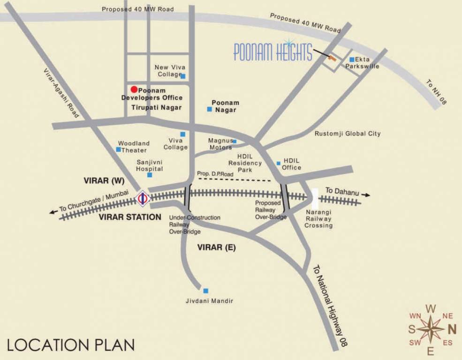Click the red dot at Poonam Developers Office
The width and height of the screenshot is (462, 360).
pyautogui.click(x=134, y=89)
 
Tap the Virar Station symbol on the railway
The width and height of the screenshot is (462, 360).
pyautogui.click(x=143, y=198)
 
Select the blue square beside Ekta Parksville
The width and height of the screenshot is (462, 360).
pyautogui.click(x=351, y=60)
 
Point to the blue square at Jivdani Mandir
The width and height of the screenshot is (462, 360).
pyautogui.click(x=205, y=291)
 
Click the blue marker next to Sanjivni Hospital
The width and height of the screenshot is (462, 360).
pyautogui.click(x=150, y=175)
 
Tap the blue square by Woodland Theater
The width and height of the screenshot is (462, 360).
pyautogui.click(x=118, y=150)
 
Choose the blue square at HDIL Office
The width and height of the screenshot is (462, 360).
pyautogui.click(x=279, y=163)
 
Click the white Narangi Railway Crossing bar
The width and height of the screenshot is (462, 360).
pyautogui.click(x=315, y=198)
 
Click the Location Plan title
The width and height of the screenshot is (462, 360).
pyautogui.click(x=71, y=345)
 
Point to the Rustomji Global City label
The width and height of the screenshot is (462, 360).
pyautogui.click(x=348, y=134)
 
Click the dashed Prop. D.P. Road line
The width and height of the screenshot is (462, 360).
pyautogui.click(x=235, y=180)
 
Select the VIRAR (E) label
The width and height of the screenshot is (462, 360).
pyautogui.click(x=216, y=247)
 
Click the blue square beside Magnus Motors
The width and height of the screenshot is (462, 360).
pyautogui.click(x=235, y=141)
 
